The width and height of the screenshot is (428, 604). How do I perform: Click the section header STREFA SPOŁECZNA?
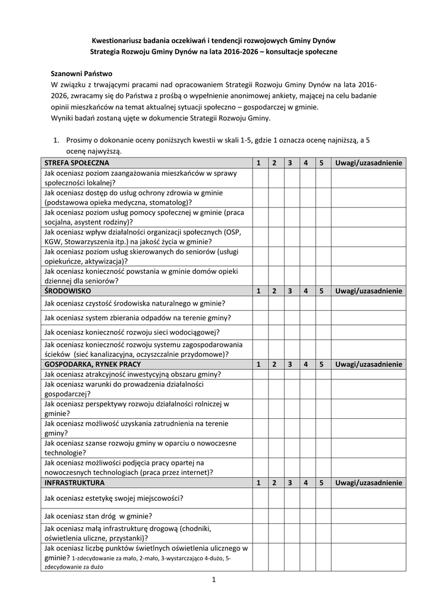(76, 163)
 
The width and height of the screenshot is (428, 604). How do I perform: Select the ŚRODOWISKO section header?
(67, 291)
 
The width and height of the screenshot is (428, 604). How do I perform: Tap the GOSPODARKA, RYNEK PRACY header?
(93, 365)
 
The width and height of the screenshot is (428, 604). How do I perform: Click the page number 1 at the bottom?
(214, 580)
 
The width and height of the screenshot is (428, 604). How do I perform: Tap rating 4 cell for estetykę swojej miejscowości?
(306, 498)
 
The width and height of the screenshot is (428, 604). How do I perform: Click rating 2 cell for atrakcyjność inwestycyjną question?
(275, 375)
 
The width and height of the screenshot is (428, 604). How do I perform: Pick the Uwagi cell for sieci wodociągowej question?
(368, 332)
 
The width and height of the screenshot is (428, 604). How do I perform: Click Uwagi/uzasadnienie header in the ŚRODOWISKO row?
(368, 291)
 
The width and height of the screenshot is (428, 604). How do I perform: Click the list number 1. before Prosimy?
(57, 141)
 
